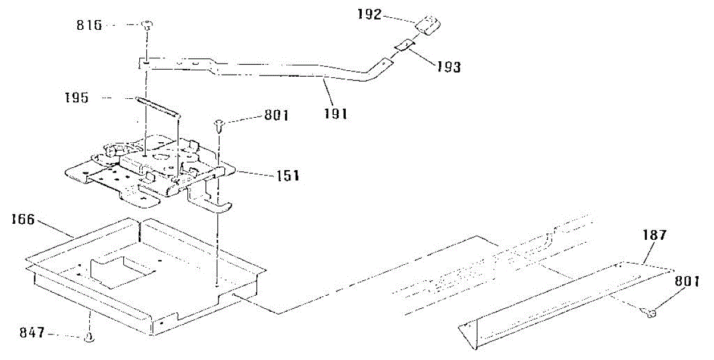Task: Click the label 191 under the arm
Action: click(x=335, y=114)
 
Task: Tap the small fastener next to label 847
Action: click(x=89, y=337)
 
